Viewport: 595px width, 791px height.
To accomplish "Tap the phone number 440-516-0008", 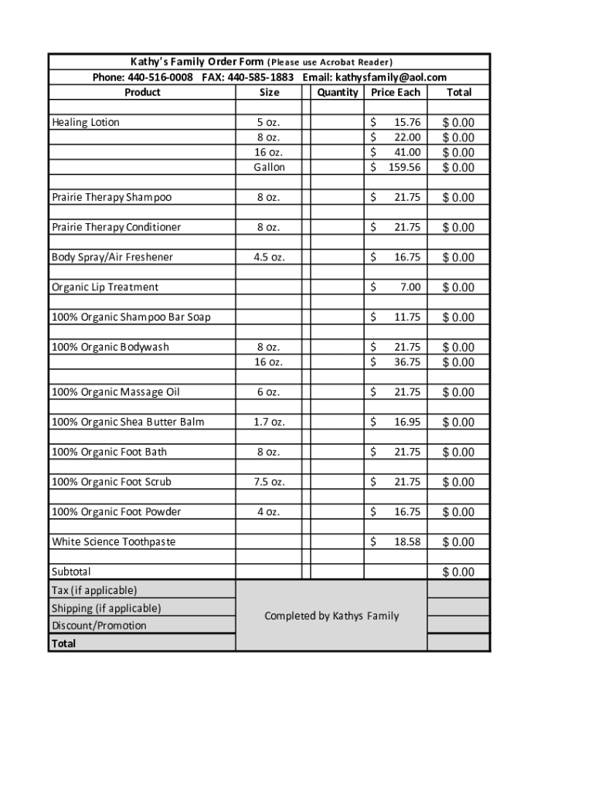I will click(x=160, y=77).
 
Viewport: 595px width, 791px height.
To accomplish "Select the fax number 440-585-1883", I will click(x=260, y=77).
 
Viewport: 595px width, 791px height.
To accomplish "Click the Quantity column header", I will click(x=338, y=93).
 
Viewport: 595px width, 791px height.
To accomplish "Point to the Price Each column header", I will click(x=396, y=93).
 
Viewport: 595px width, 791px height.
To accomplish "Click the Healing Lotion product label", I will click(x=86, y=122).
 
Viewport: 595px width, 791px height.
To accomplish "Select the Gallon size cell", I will click(x=269, y=168).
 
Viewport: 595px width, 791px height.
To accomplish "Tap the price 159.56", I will click(x=404, y=168).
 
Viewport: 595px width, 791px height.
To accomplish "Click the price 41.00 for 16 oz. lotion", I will click(x=407, y=152).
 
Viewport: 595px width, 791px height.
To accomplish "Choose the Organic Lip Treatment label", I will click(x=105, y=287).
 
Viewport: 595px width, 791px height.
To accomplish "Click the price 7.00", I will click(x=410, y=287).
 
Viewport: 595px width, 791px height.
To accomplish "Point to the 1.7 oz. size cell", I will click(x=269, y=422).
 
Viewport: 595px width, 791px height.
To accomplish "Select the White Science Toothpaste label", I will click(x=114, y=541).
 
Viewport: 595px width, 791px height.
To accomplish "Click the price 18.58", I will click(x=407, y=541).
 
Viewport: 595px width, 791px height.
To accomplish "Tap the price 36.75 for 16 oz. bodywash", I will click(x=407, y=362).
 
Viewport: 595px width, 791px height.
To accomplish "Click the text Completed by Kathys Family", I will click(x=331, y=616).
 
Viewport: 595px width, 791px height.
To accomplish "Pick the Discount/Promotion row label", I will click(x=99, y=626).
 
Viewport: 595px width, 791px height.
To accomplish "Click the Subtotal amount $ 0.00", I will click(x=458, y=572).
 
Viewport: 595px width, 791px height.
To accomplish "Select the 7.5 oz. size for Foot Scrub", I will click(x=269, y=482).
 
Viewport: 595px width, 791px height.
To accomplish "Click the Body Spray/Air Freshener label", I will click(x=113, y=257).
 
